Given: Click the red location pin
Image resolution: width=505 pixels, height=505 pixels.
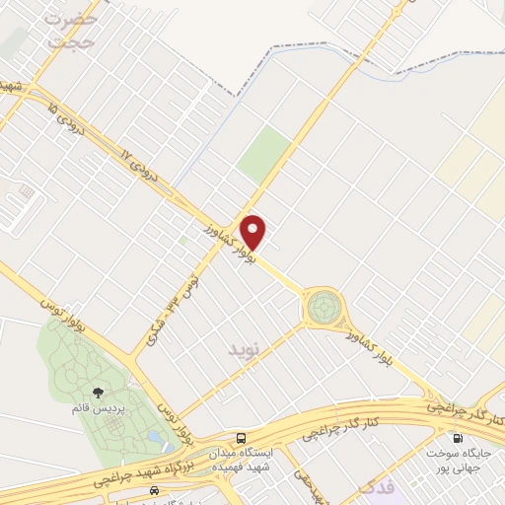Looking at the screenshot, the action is coord(253,231).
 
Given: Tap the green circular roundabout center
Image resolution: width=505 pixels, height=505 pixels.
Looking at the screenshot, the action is coord(322,309).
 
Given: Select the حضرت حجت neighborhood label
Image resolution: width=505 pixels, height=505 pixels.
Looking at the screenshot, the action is coord(74,30).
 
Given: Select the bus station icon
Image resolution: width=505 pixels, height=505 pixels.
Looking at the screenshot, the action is coord(242,438).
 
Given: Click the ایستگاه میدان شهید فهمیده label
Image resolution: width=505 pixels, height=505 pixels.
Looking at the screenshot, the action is coord(241,462).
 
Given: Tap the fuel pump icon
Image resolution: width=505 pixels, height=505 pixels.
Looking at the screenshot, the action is coord(457,438).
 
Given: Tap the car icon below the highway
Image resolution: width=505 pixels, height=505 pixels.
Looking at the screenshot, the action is coord(153,490).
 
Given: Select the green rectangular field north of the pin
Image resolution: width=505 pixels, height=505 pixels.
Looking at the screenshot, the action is coord(264,154).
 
